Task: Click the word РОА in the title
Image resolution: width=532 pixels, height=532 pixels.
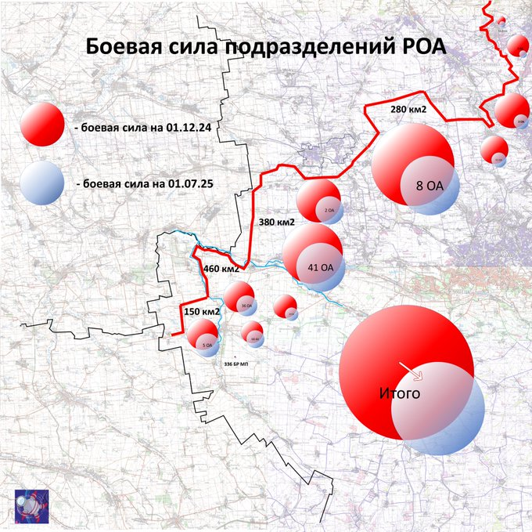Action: tap(422, 46)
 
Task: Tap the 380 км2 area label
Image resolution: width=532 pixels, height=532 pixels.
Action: tap(276, 222)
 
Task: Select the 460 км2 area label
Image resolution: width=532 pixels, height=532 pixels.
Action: tap(221, 269)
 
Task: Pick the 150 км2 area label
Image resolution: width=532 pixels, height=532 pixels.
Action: tap(201, 312)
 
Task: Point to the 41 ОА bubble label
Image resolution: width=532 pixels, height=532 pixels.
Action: tap(321, 267)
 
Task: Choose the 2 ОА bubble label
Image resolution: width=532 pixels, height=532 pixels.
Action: tap(329, 211)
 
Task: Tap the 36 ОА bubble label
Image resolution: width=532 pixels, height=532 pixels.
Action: tap(246, 306)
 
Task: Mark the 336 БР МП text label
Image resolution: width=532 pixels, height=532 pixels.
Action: tap(236, 365)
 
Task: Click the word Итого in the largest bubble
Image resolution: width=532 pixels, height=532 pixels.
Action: tap(399, 393)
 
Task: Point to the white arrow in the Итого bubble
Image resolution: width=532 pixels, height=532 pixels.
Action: tap(408, 369)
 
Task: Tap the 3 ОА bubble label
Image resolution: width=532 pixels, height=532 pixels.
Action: tap(521, 121)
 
